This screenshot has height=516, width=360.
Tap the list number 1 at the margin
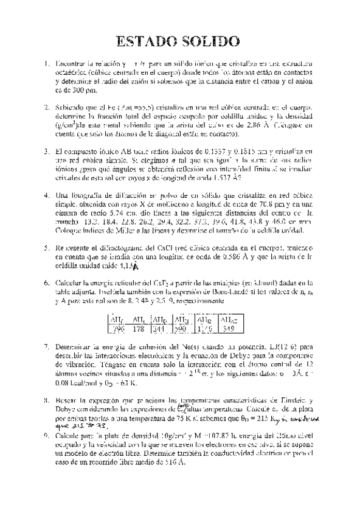(x=46, y=63)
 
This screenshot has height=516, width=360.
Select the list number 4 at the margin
(x=46, y=196)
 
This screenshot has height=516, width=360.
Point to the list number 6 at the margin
(x=46, y=283)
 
